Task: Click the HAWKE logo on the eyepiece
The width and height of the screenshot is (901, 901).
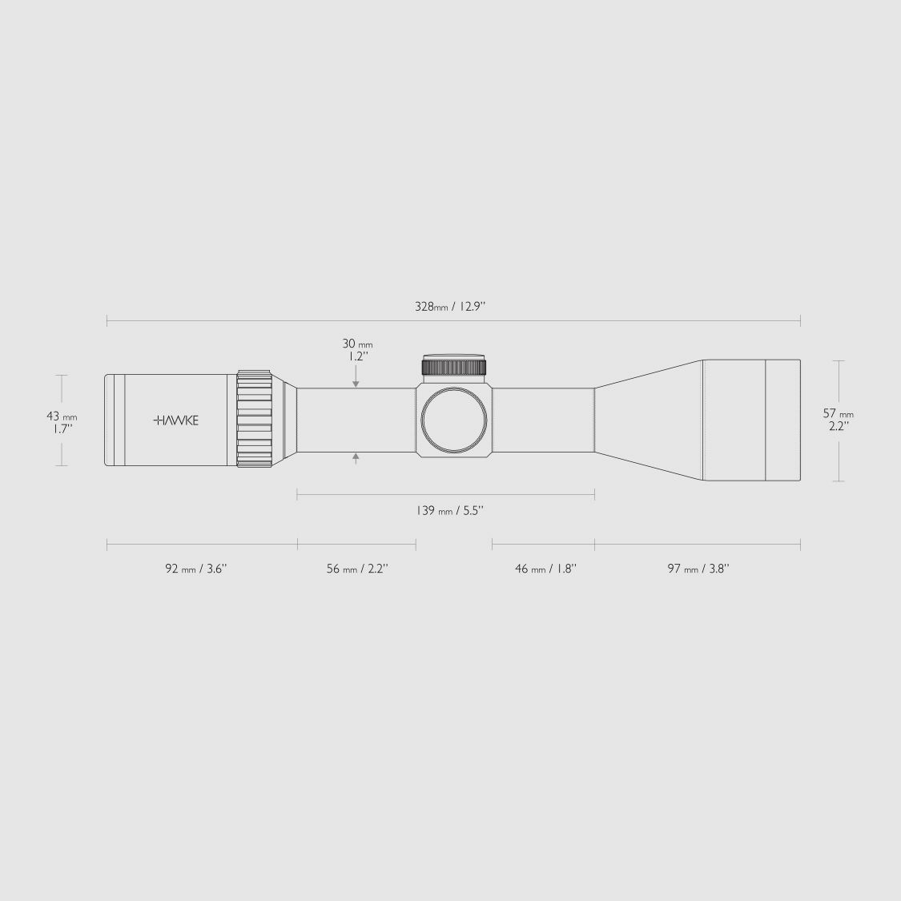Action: point(176,420)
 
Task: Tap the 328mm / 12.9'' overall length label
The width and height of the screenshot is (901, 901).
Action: point(450,306)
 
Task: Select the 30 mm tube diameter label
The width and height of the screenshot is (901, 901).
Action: point(357,344)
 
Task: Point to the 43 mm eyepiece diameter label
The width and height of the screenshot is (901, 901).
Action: point(62,416)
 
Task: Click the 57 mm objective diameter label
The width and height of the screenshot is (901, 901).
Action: point(839,414)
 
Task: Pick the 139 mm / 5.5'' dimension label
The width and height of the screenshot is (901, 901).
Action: point(450,510)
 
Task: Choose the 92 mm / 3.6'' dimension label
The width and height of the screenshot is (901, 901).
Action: point(196,569)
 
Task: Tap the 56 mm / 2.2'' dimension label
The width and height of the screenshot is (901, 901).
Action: point(357,569)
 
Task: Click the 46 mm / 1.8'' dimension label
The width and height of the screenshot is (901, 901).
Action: point(546,569)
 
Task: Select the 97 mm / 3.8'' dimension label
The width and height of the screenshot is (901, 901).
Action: point(698,569)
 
